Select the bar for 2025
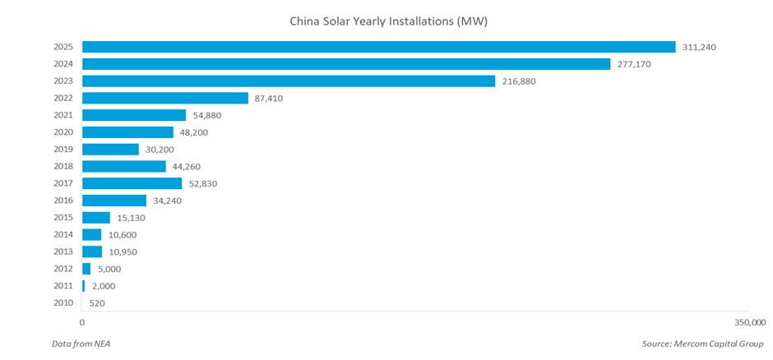(x=378, y=47)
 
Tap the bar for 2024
(x=346, y=64)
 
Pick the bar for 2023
(x=289, y=81)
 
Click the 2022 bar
(x=165, y=98)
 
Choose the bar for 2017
(x=132, y=183)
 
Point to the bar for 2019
(x=111, y=150)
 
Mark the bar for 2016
(x=114, y=201)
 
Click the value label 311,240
(x=700, y=47)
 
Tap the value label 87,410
(x=271, y=98)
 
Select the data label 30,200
(x=161, y=150)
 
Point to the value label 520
(x=96, y=303)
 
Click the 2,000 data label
(x=103, y=286)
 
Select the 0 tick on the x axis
(x=82, y=321)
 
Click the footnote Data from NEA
(x=81, y=342)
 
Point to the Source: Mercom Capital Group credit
(x=703, y=342)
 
